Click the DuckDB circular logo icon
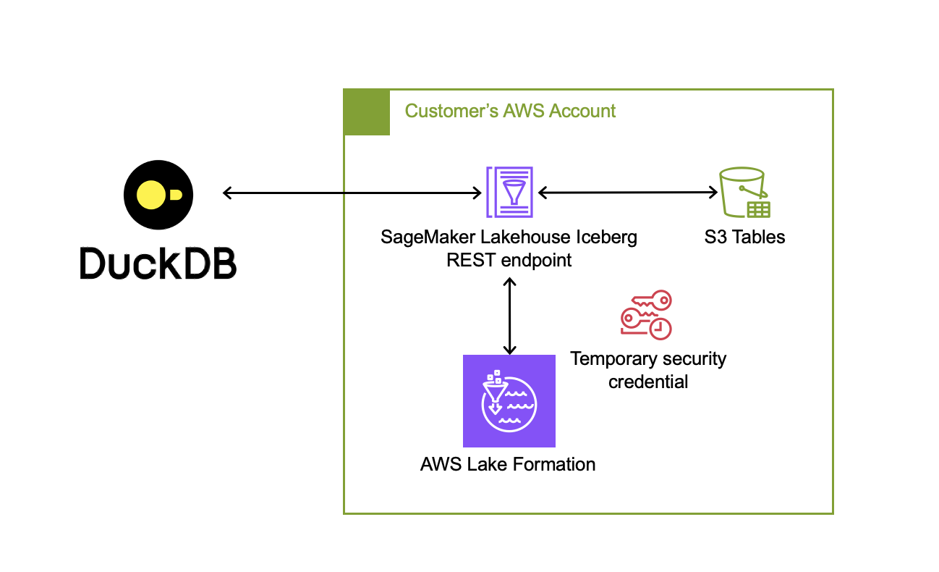pos(158,195)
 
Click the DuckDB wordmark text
pos(158,263)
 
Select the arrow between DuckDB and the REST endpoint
pos(352,193)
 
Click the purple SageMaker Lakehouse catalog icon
pos(510,192)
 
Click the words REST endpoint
pos(509,260)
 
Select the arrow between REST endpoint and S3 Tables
pos(627,193)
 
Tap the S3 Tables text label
pos(744,237)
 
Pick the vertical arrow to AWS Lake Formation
pos(510,316)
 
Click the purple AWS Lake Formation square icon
pos(509,401)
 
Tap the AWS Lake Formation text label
pos(508,465)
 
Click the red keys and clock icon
pos(646,315)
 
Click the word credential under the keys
pos(648,382)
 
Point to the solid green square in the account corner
pos(367,112)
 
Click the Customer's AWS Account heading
pos(510,111)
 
